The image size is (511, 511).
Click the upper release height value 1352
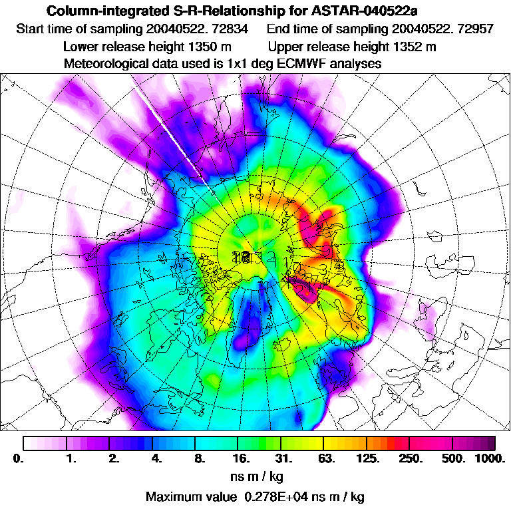click(411, 47)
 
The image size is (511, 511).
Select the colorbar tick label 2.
click(114, 458)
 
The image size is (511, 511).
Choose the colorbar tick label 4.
click(156, 458)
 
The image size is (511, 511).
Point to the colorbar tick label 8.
click(198, 458)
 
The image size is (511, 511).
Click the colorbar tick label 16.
click(242, 458)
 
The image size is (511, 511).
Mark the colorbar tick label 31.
click(284, 458)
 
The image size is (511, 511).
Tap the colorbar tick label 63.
click(326, 458)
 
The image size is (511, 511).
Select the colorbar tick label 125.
click(369, 458)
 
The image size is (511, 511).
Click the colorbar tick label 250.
click(411, 458)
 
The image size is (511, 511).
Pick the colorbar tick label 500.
click(454, 458)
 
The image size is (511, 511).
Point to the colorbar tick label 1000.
click(490, 458)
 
